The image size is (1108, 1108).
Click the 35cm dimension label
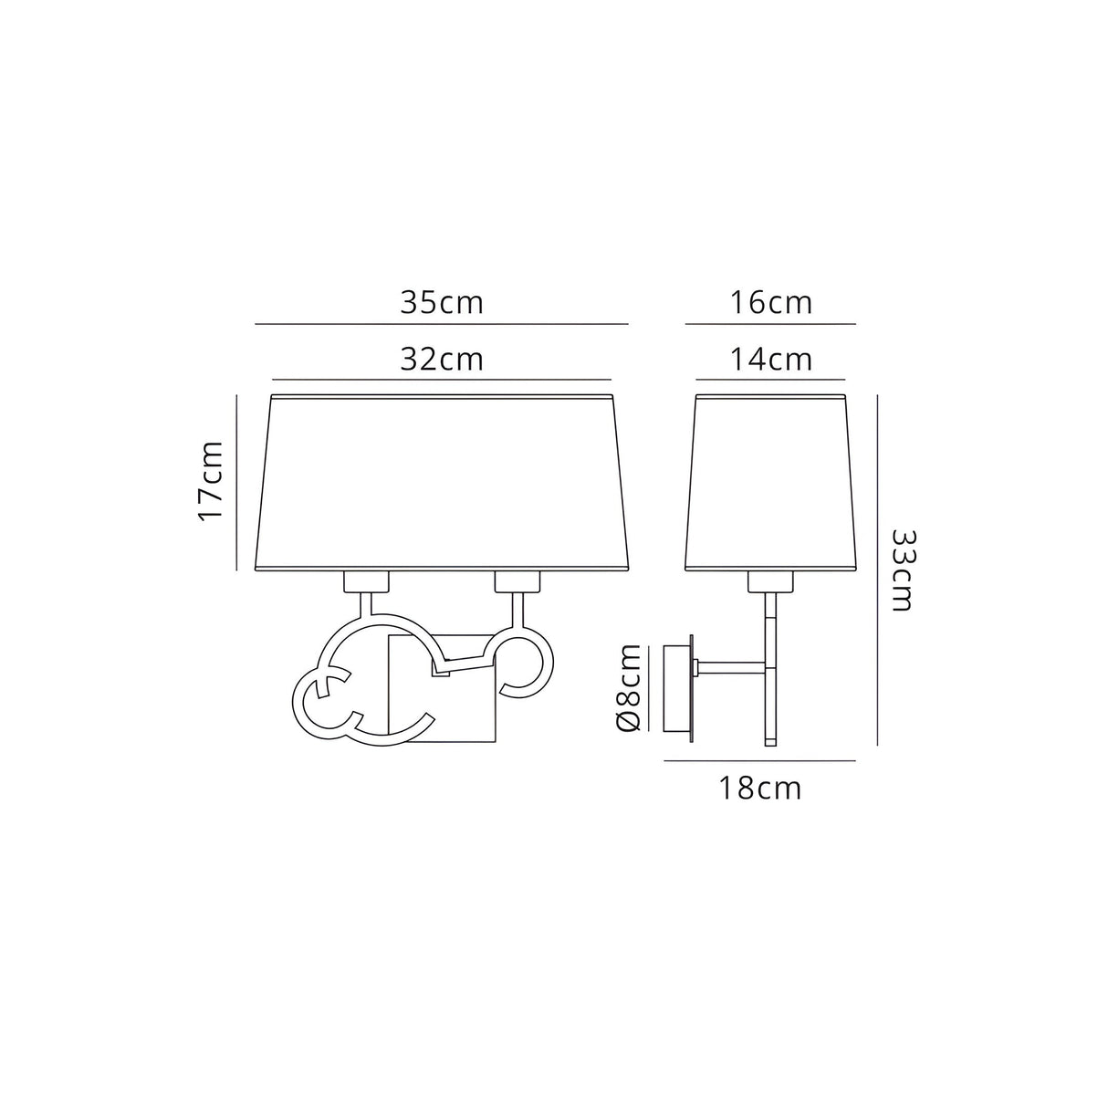pyautogui.click(x=442, y=303)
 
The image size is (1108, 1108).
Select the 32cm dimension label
pyautogui.click(x=442, y=360)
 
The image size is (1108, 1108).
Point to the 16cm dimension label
pyautogui.click(x=770, y=303)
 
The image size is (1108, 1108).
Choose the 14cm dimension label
pyautogui.click(x=770, y=360)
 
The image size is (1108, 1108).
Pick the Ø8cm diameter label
pyautogui.click(x=629, y=687)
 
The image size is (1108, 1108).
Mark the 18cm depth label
pyautogui.click(x=759, y=789)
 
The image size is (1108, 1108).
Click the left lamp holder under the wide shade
pyautogui.click(x=366, y=582)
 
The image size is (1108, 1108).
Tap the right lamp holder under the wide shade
pyautogui.click(x=517, y=582)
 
